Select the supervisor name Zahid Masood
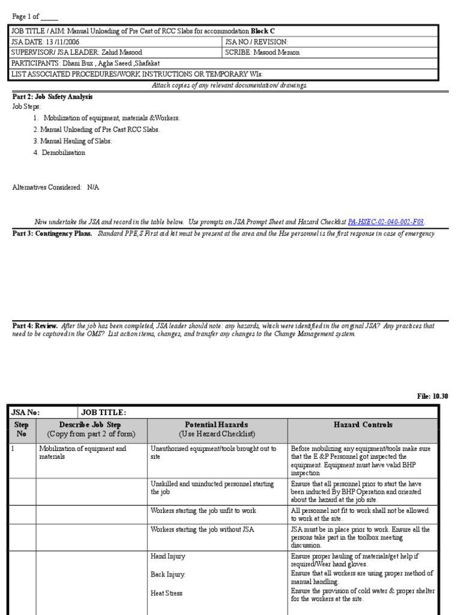(x=122, y=52)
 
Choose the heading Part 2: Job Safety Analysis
(x=53, y=96)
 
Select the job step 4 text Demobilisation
(x=64, y=153)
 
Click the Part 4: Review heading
(x=35, y=326)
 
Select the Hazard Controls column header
(x=363, y=425)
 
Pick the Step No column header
(x=21, y=429)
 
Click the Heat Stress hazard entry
(x=166, y=593)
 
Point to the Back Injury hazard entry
(x=168, y=575)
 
